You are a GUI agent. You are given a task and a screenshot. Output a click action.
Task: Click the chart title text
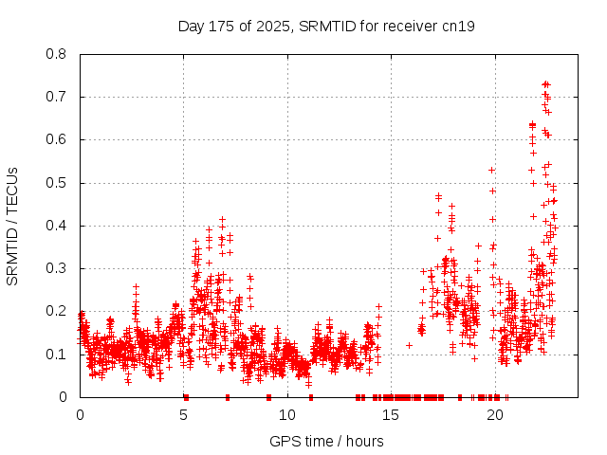pyautogui.click(x=326, y=26)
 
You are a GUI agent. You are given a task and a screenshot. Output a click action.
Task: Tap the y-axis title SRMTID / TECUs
pyautogui.click(x=12, y=226)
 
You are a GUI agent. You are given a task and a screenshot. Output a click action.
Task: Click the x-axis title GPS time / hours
pyautogui.click(x=326, y=441)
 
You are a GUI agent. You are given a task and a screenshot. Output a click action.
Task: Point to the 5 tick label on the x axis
pyautogui.click(x=184, y=415)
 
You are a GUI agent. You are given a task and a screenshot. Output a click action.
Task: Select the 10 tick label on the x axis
pyautogui.click(x=287, y=415)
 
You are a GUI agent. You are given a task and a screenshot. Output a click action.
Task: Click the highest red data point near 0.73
pyautogui.click(x=545, y=84)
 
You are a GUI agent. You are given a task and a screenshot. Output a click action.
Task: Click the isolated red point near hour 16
pyautogui.click(x=409, y=345)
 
